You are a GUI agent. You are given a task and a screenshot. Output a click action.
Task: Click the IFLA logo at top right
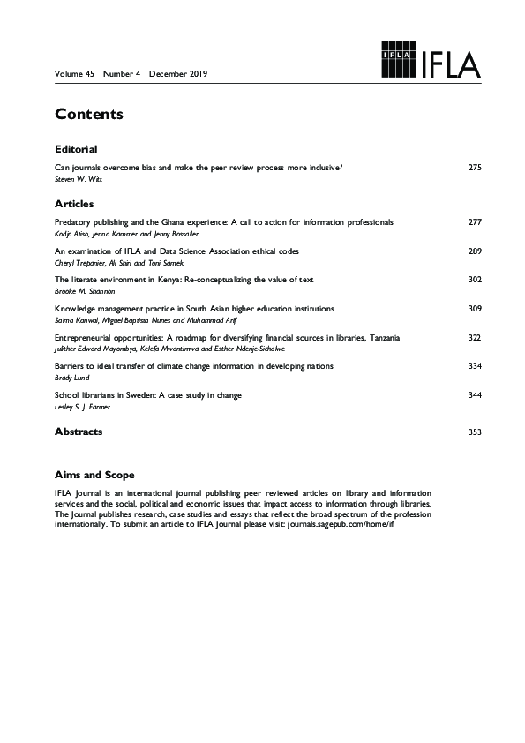click(x=431, y=60)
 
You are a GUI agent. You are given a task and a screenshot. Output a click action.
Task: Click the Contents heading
click(x=88, y=115)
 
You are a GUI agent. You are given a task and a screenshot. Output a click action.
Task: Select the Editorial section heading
click(x=75, y=149)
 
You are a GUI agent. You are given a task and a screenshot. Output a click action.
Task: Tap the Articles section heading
click(x=73, y=204)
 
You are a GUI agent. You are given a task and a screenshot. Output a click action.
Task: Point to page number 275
click(x=475, y=167)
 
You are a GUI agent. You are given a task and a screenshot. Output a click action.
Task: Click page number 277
click(x=475, y=222)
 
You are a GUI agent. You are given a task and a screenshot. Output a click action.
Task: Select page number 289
click(x=475, y=251)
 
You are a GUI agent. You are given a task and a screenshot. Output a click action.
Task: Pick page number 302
click(x=475, y=280)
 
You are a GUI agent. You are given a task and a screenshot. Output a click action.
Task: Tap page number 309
click(x=475, y=309)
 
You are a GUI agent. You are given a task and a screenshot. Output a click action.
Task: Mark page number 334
click(x=475, y=366)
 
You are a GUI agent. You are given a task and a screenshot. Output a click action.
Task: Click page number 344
click(x=475, y=395)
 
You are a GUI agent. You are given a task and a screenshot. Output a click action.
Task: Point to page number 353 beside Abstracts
click(x=475, y=432)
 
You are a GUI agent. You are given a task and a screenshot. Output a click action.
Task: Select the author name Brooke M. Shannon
click(x=81, y=290)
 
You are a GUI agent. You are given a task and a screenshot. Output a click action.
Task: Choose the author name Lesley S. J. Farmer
click(x=81, y=406)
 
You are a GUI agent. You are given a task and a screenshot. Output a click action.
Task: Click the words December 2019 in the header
click(x=177, y=73)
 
